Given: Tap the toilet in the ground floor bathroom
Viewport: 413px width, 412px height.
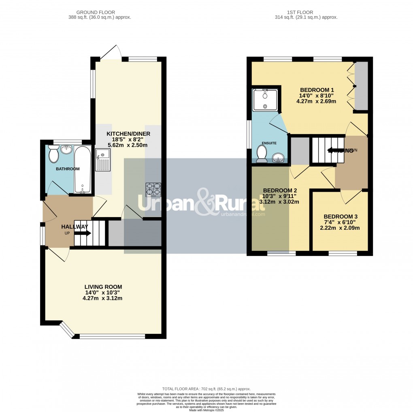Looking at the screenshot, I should [x=53, y=154].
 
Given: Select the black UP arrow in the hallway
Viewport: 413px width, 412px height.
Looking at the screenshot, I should [x=83, y=233].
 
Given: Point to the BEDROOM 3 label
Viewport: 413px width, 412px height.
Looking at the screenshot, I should [x=340, y=217].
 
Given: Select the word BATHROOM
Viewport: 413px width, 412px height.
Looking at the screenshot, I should [x=68, y=169].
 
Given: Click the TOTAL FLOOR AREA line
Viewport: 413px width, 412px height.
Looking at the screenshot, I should [x=206, y=388].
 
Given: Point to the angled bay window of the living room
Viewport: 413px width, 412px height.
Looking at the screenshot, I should [x=67, y=329].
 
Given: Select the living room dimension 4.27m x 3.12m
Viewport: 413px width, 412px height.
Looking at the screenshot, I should [x=102, y=299].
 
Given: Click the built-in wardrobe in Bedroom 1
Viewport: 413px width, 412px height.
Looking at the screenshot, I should [x=361, y=86].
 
